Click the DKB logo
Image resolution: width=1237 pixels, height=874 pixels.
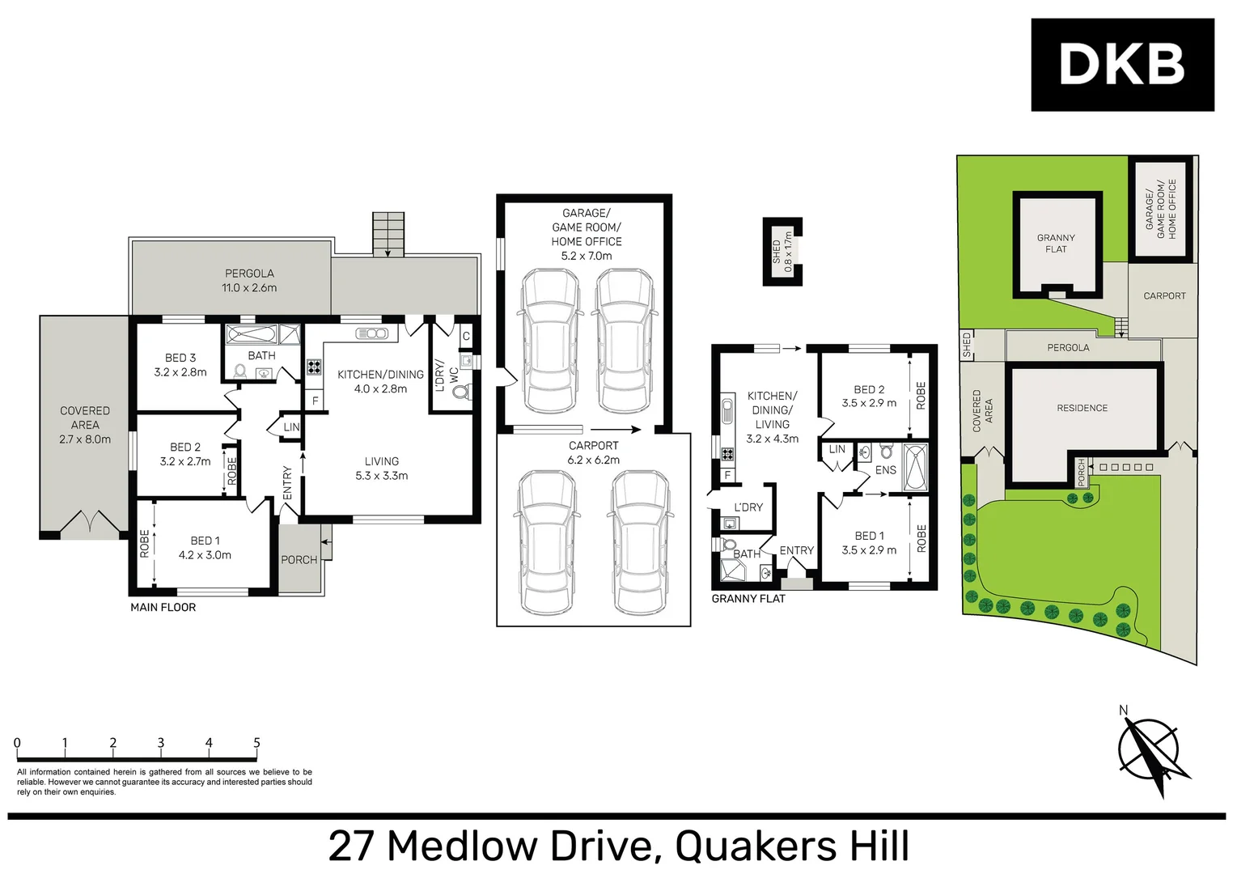click(1121, 65)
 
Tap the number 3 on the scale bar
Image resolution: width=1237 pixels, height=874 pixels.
click(160, 743)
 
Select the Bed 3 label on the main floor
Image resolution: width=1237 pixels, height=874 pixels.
click(180, 364)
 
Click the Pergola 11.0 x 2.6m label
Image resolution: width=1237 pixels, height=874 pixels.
click(249, 281)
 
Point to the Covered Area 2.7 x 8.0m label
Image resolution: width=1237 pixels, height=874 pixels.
click(85, 425)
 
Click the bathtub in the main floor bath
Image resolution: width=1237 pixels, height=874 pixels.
click(252, 333)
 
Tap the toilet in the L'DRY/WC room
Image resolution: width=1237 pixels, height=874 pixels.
click(461, 392)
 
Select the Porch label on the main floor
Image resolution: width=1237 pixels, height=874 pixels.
click(299, 559)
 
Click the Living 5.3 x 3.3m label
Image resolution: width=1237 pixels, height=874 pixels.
click(381, 469)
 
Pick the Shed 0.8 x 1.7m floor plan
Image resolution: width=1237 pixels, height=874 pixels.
click(782, 252)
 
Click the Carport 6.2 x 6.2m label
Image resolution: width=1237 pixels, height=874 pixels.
click(593, 452)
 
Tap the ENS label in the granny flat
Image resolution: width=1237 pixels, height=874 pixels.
click(885, 470)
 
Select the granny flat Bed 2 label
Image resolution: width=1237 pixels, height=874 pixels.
click(869, 396)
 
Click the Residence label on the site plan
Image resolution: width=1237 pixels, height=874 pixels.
click(1082, 408)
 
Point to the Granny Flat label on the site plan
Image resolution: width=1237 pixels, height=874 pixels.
click(1056, 244)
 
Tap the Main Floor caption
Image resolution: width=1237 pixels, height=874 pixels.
click(163, 608)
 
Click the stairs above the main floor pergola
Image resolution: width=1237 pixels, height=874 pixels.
click(388, 233)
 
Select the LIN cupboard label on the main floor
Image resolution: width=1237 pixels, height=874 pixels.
click(291, 427)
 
